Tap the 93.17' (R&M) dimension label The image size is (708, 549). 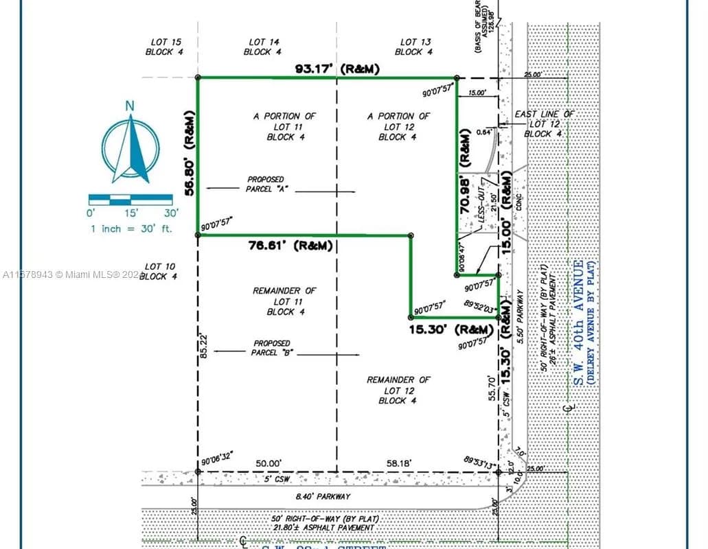tap(337, 69)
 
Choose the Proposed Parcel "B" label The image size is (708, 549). tap(272, 348)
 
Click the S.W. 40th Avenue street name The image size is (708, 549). tap(578, 323)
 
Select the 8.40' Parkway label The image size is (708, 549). tap(323, 496)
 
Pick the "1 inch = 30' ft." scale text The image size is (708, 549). tap(131, 229)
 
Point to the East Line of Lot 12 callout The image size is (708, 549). tap(544, 124)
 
